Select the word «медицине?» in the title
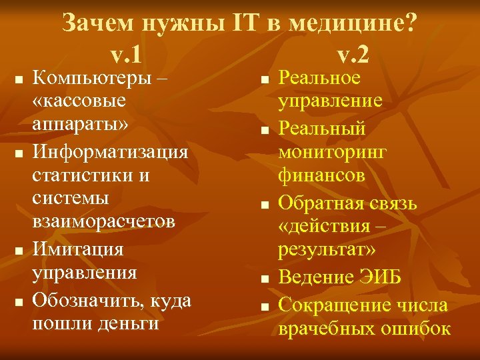[x=355, y=24]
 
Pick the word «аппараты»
[x=80, y=127]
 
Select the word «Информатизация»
[x=111, y=152]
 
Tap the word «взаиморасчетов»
[x=103, y=223]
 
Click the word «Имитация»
[x=79, y=249]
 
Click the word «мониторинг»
[x=333, y=151]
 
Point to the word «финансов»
[x=321, y=175]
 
